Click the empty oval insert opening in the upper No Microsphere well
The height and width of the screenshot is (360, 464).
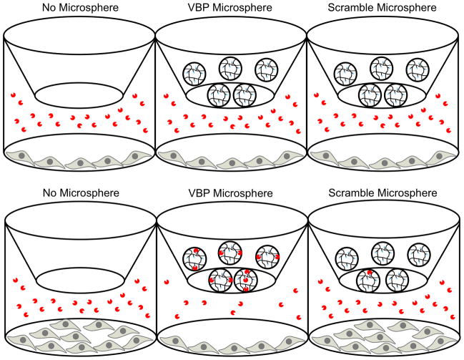pos(76,94)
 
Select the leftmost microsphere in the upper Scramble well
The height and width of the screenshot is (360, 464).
pos(345,72)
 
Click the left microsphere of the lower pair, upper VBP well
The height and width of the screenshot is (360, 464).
pos(217,94)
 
